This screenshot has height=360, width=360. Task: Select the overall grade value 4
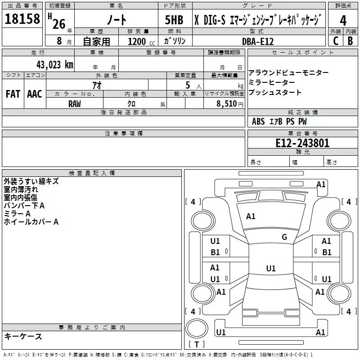tap(343, 20)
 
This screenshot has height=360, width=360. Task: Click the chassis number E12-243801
tap(302, 143)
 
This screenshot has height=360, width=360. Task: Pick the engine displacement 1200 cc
tap(140, 41)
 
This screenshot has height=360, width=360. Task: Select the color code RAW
tap(75, 103)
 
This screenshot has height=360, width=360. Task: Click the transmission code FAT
tap(13, 94)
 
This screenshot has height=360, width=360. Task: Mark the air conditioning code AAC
tap(34, 94)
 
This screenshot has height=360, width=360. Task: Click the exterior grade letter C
tap(335, 41)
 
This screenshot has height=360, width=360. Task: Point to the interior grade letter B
tap(351, 41)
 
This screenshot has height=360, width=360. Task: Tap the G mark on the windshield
tap(284, 237)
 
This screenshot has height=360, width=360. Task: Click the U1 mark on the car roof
tap(270, 269)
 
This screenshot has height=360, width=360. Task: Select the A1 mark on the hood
tap(251, 216)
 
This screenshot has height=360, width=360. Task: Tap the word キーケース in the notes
tap(23, 336)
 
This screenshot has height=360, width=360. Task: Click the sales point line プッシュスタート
tap(275, 93)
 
